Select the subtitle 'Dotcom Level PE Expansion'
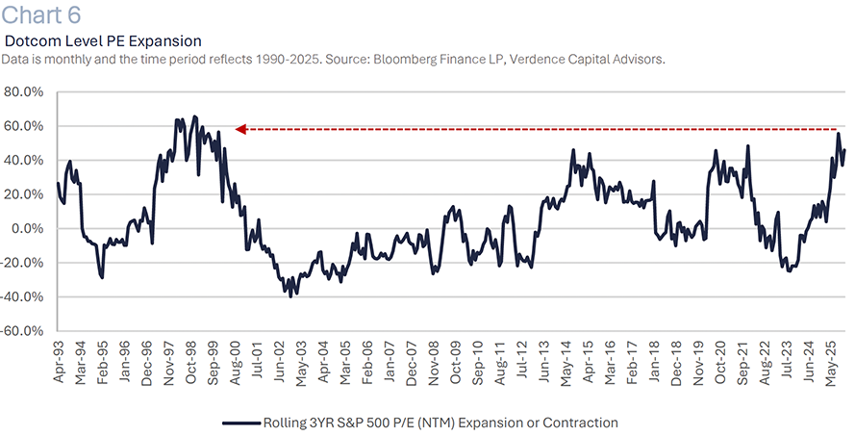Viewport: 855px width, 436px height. tap(103, 41)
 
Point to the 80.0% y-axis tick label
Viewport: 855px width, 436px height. tap(26, 92)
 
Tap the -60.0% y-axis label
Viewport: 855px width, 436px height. tap(24, 331)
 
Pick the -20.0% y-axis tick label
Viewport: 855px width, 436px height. tap(24, 263)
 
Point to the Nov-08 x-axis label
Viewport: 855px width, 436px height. tap(434, 364)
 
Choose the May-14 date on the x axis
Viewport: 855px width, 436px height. tap(566, 364)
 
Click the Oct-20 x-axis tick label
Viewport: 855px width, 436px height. tap(721, 364)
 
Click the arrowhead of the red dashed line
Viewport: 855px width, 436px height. tap(241, 128)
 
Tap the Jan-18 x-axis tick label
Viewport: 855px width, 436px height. tap(655, 364)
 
